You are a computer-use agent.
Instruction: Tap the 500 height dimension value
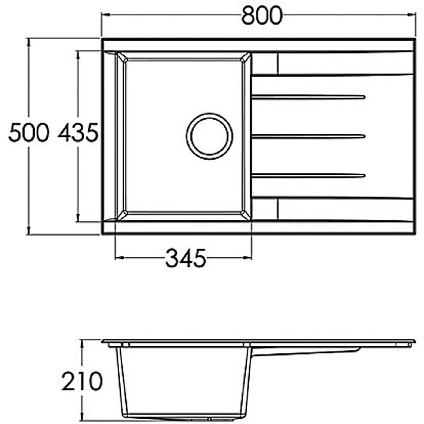(28, 133)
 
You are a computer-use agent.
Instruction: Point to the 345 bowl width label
(186, 258)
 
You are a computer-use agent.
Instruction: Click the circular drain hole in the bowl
(210, 136)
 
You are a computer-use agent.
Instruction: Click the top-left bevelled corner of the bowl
(121, 57)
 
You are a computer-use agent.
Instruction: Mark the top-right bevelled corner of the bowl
(246, 57)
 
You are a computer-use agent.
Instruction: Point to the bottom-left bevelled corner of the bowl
(121, 215)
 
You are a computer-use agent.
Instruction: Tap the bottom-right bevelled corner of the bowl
(246, 215)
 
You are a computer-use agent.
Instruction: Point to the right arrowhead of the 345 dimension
(248, 258)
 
